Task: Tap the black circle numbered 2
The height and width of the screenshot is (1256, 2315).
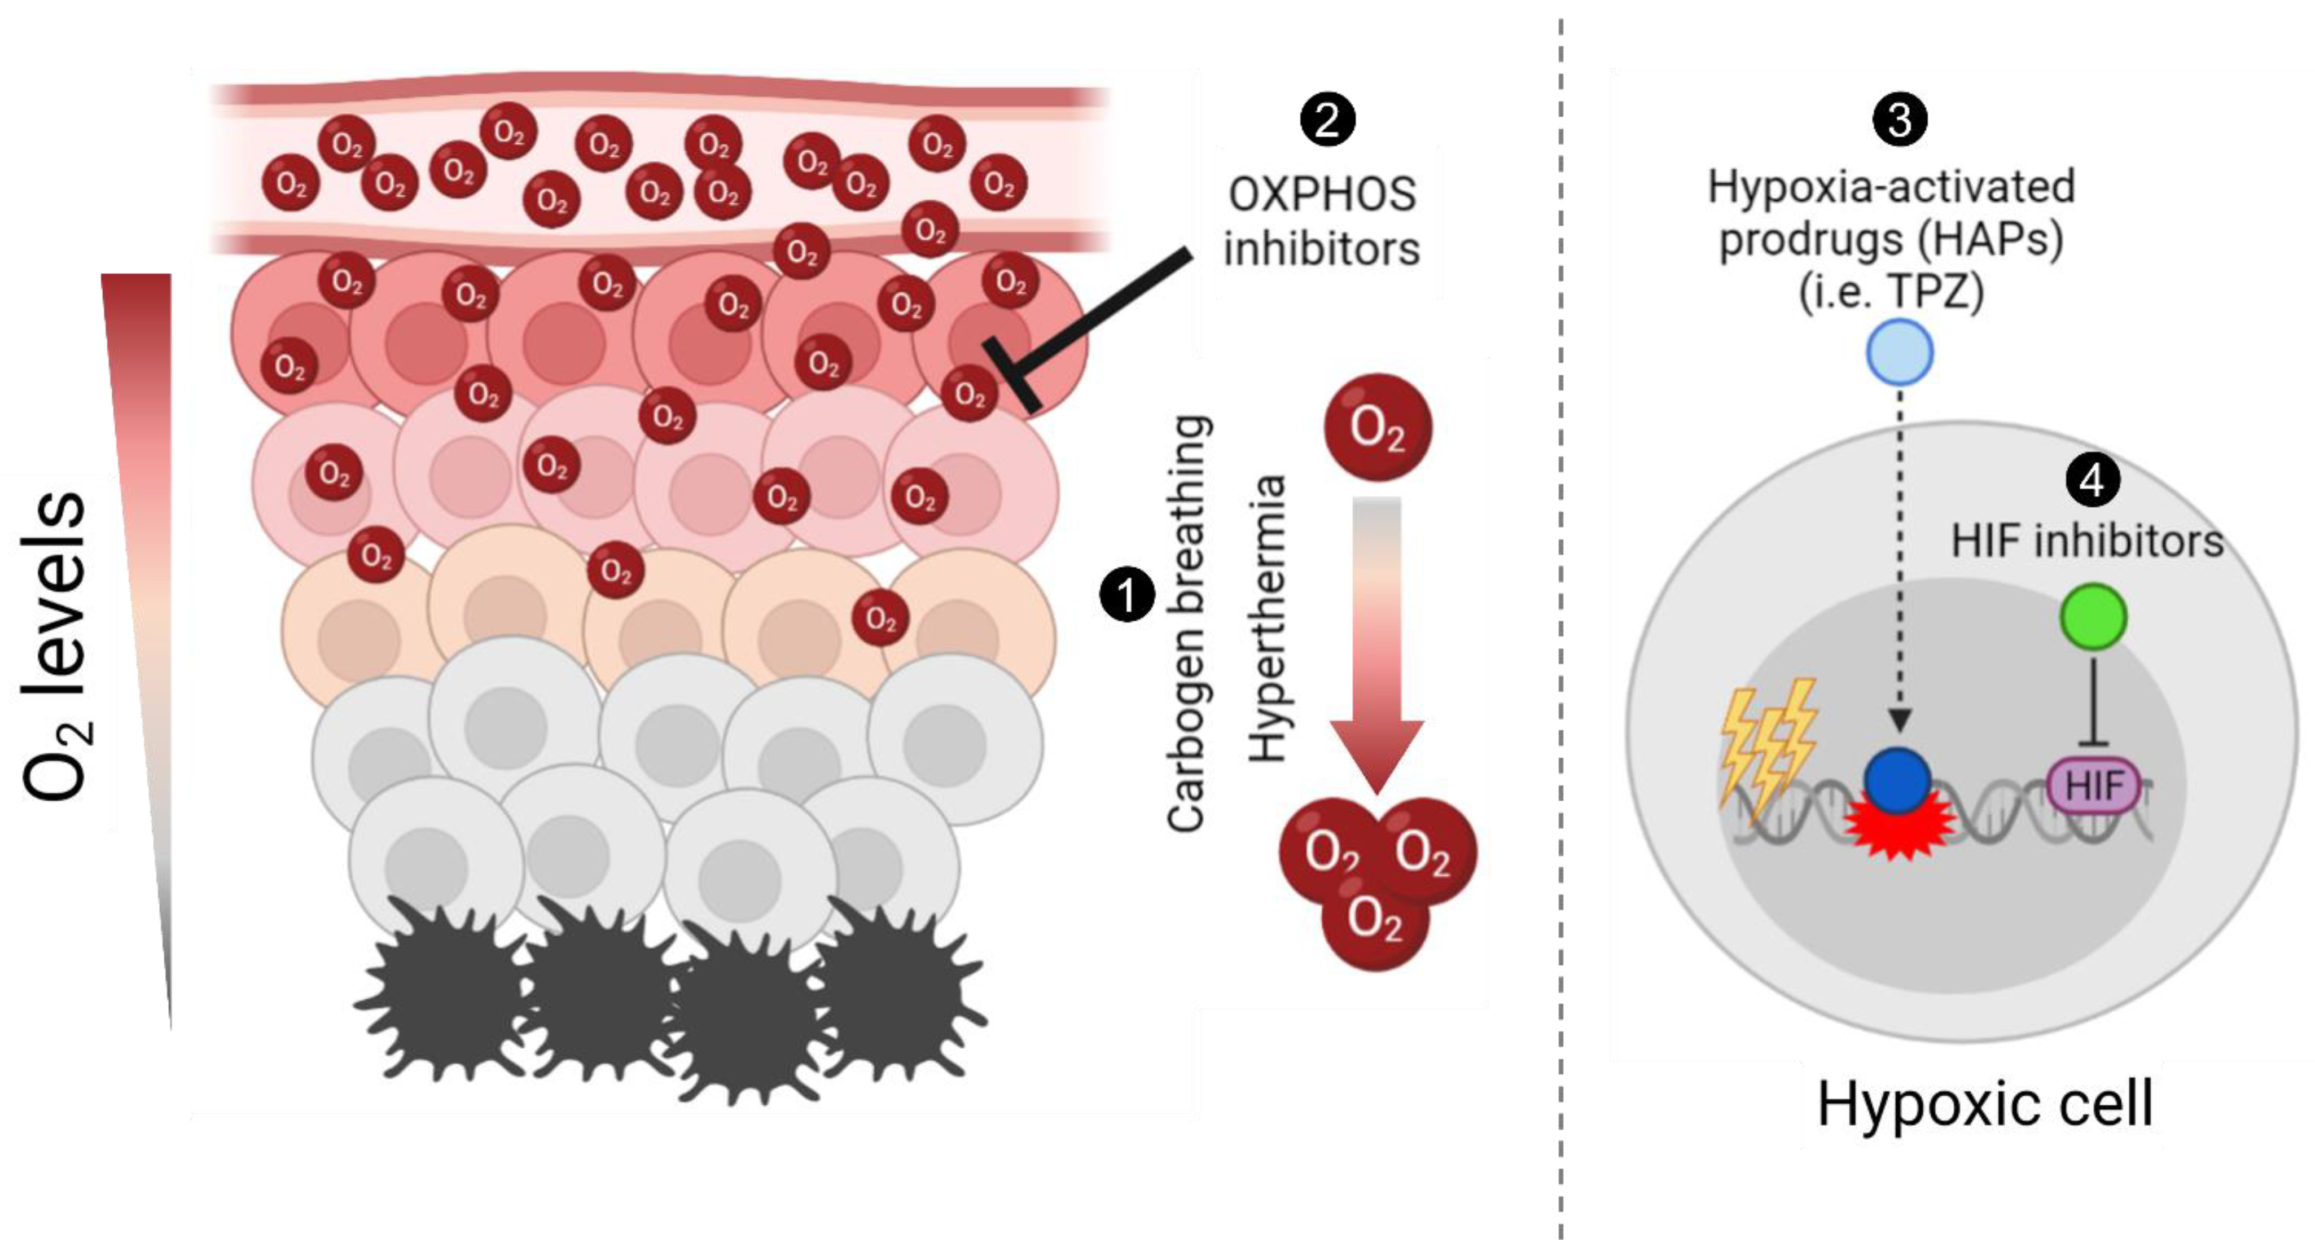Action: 1327,120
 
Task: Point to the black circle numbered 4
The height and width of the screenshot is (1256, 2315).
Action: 2092,481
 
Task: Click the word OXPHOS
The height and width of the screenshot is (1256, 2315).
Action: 1322,194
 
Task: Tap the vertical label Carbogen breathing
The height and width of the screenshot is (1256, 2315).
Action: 1186,622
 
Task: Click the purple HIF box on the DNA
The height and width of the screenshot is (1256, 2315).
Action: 2093,786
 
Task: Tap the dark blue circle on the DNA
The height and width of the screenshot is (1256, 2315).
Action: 1897,781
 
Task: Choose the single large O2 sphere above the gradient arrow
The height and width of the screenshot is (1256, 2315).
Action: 1378,428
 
